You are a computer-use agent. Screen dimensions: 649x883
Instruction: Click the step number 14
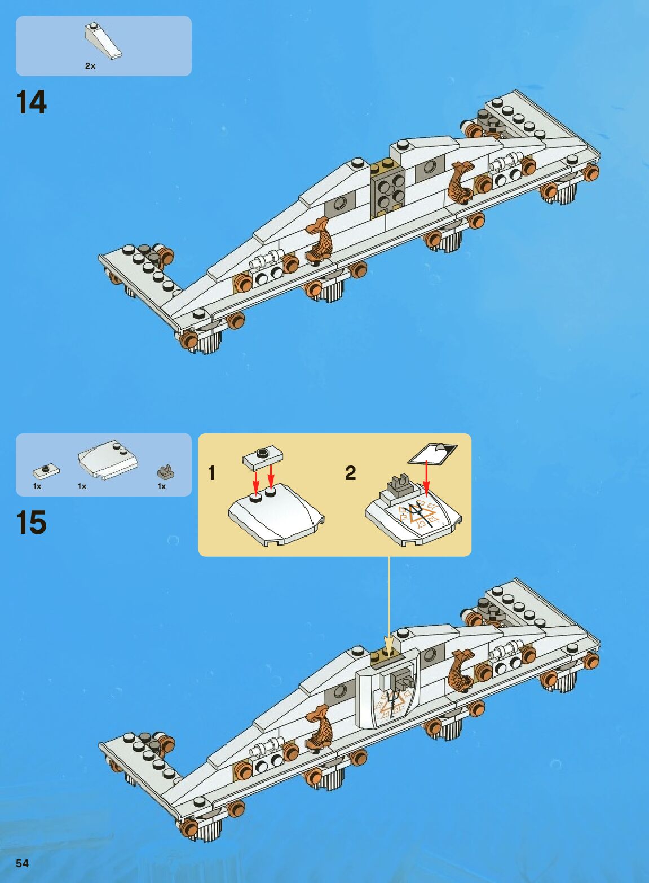[x=32, y=103]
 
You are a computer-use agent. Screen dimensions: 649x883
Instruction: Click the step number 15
[x=32, y=522]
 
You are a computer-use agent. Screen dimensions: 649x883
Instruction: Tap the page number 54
[x=22, y=863]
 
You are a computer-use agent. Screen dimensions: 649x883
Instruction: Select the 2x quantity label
[x=90, y=66]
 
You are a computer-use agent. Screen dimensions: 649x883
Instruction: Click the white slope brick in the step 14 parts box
[x=103, y=41]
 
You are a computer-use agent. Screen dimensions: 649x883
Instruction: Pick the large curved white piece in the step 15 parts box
[x=108, y=459]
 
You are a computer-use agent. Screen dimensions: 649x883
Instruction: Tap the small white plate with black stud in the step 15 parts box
[x=46, y=469]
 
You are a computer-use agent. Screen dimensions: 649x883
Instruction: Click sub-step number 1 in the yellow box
[x=211, y=473]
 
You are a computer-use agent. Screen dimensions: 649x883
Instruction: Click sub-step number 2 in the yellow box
[x=350, y=473]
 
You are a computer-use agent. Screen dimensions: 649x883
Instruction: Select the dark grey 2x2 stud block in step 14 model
[x=389, y=192]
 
